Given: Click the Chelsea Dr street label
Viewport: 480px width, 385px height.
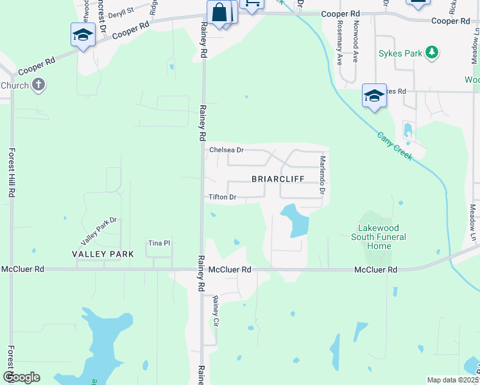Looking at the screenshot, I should click(227, 150).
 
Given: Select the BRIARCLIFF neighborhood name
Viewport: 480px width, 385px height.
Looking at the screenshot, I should click(277, 178).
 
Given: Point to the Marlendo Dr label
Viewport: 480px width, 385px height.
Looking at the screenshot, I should click(323, 175).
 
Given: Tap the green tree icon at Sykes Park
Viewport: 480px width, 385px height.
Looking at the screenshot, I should click(433, 53).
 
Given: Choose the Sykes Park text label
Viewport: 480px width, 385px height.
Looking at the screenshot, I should click(400, 53).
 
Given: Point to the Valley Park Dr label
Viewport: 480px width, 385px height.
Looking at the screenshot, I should click(98, 231).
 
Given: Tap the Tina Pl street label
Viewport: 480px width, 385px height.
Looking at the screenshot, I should click(159, 243).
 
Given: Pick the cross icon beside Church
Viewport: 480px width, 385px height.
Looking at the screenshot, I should click(39, 85).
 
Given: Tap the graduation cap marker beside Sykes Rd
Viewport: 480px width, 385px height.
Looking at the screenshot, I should click(374, 96).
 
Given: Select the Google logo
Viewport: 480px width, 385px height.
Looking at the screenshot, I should click(21, 377).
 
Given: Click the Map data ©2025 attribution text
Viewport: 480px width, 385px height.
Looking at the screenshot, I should click(453, 380).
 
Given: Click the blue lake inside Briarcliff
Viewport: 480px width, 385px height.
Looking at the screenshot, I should click(295, 220).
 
